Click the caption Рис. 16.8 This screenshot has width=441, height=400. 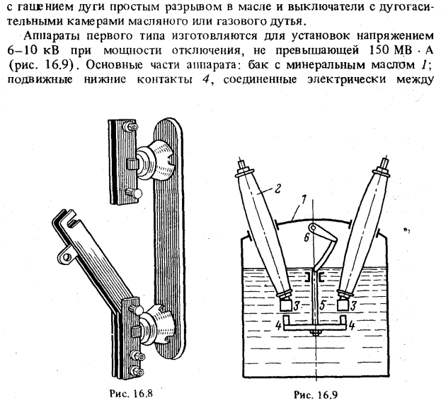[x=130, y=393]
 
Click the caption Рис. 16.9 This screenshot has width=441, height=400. [x=316, y=394]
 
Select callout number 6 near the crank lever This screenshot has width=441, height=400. [x=307, y=237]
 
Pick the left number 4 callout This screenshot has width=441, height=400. [x=278, y=326]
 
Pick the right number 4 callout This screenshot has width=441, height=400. [x=352, y=326]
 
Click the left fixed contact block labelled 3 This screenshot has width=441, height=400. [x=286, y=305]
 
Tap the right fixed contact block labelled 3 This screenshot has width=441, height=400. [x=343, y=305]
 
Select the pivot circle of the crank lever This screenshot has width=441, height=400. [x=312, y=227]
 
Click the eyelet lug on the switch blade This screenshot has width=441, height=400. [x=65, y=255]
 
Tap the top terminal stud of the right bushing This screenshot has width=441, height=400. [x=384, y=163]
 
